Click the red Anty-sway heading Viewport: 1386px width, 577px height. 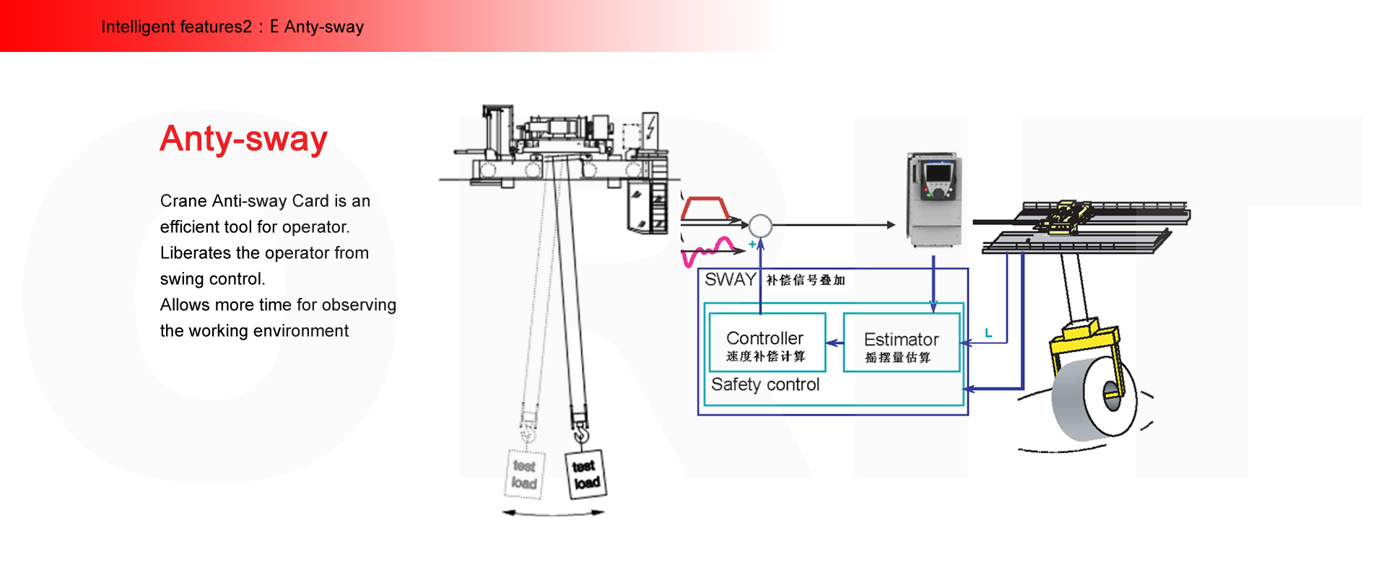pos(243,138)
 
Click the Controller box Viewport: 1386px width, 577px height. pos(767,343)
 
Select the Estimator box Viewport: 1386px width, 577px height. pos(901,343)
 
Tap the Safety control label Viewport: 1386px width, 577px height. pos(765,384)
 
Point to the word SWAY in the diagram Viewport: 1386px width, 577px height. pos(730,280)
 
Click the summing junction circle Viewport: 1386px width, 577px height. pos(760,226)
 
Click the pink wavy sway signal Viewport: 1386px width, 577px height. pos(711,251)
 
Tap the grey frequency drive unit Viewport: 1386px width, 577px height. pos(935,198)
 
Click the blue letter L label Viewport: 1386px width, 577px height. pos(988,333)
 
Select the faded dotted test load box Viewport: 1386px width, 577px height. pos(524,474)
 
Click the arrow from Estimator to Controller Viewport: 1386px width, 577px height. pos(834,343)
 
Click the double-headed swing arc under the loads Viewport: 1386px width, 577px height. pos(553,513)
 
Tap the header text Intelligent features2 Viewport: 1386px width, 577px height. pos(176,27)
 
